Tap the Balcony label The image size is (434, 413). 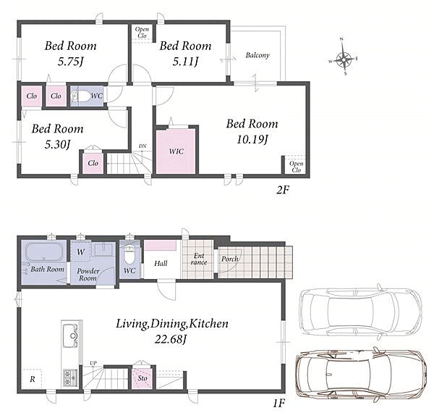(x=258, y=55)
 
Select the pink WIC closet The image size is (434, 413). (x=176, y=151)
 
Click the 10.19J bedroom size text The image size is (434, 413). (x=252, y=139)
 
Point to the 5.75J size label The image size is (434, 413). (x=70, y=62)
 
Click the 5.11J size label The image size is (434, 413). (x=185, y=62)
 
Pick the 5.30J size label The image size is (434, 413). (x=57, y=144)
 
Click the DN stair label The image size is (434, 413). (x=142, y=146)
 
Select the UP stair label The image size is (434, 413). (x=93, y=363)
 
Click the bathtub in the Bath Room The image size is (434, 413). (x=44, y=251)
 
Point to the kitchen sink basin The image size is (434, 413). (x=69, y=336)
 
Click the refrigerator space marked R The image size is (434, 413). (x=32, y=379)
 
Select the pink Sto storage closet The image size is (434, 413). (x=142, y=378)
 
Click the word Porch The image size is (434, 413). (x=229, y=259)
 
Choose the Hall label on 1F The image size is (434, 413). (x=161, y=263)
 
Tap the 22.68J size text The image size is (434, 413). (x=171, y=339)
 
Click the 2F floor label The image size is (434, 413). (x=283, y=190)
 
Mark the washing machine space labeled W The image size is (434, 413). (x=80, y=252)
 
